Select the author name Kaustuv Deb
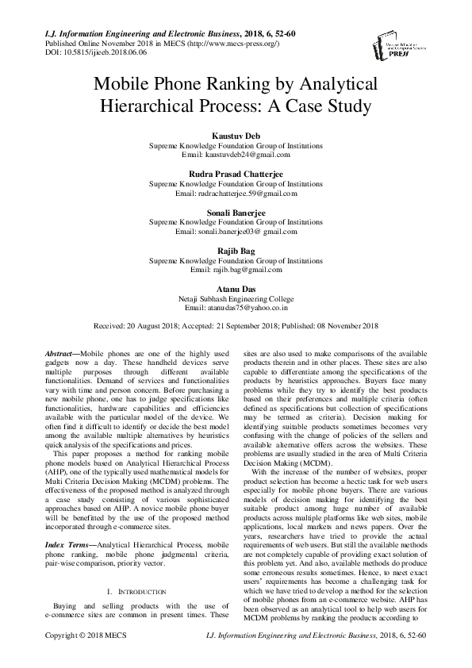236,137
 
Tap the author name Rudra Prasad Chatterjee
236,174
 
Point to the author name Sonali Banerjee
236,213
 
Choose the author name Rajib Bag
236,251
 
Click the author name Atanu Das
236,288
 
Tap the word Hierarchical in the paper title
144,103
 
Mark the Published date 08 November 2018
349,326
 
